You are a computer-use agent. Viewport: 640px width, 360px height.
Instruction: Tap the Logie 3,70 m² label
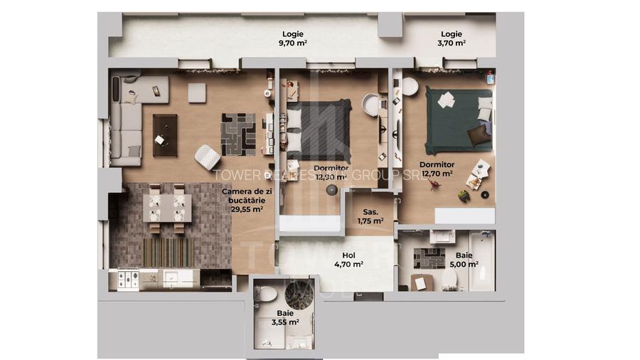point(451,38)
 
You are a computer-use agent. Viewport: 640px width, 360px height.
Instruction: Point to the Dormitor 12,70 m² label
point(437,169)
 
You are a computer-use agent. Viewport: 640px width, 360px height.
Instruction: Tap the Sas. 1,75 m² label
point(370,216)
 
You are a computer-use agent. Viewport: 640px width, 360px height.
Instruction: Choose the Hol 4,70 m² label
point(348,259)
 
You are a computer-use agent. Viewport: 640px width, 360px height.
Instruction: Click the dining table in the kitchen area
point(166,208)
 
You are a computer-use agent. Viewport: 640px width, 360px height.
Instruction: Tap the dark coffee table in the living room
point(165,134)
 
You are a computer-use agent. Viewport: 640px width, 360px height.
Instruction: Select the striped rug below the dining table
point(167,251)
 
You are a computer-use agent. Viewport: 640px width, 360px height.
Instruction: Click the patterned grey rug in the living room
point(238,134)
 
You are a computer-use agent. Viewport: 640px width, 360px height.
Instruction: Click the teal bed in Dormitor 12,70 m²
point(459,119)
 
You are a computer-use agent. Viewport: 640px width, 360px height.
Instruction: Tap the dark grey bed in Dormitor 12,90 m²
point(318,129)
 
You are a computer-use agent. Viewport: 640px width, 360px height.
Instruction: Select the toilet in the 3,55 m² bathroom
point(267,292)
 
